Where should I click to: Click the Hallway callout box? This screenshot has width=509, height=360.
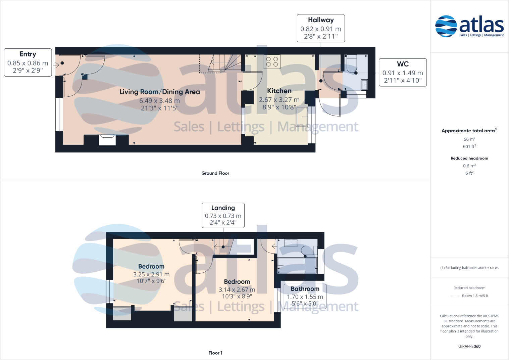click(321, 28)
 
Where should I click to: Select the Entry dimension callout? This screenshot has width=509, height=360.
click(28, 62)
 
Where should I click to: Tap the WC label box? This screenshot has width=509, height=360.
click(403, 73)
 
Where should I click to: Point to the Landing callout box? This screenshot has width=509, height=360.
click(223, 215)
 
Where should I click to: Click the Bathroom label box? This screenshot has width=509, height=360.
click(305, 296)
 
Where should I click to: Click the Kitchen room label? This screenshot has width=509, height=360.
click(279, 91)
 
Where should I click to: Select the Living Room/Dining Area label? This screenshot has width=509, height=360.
click(160, 92)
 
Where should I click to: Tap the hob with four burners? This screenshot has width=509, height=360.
click(272, 62)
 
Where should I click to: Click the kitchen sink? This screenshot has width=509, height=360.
click(302, 116)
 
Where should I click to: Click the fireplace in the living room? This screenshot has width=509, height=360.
click(107, 140)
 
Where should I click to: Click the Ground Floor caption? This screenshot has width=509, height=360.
click(215, 173)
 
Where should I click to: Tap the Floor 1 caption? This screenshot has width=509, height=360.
click(215, 353)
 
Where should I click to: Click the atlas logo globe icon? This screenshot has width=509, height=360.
click(446, 26)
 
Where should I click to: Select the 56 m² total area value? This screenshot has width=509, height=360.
click(469, 139)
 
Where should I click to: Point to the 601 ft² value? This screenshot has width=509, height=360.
click(469, 146)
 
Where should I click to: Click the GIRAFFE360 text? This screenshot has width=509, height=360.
click(469, 346)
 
